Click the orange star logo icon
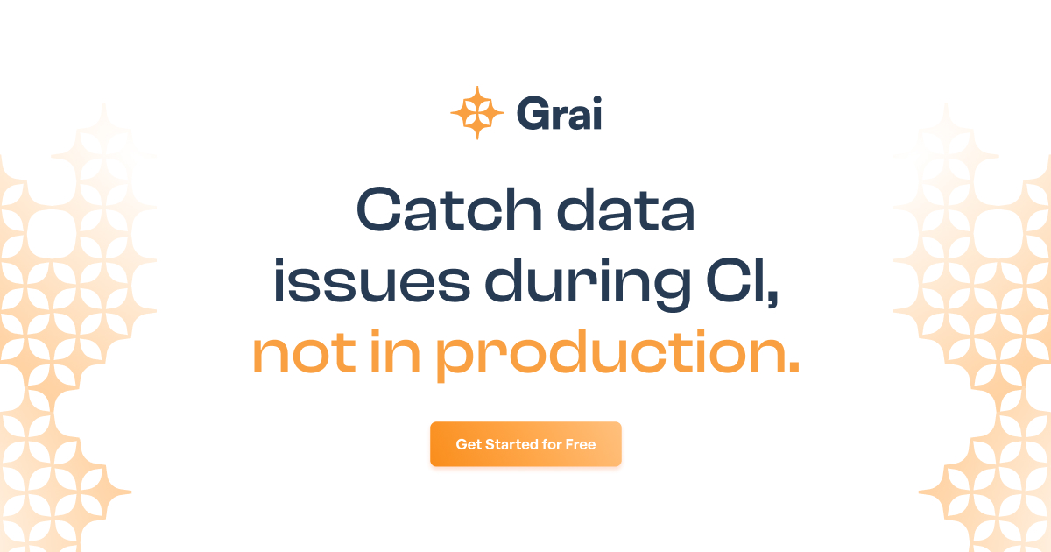pyautogui.click(x=477, y=113)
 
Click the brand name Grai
pyautogui.click(x=559, y=114)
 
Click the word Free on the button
pyautogui.click(x=580, y=444)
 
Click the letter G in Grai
pyautogui.click(x=532, y=114)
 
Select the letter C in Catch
pyautogui.click(x=384, y=212)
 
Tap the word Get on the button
pyautogui.click(x=468, y=444)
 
